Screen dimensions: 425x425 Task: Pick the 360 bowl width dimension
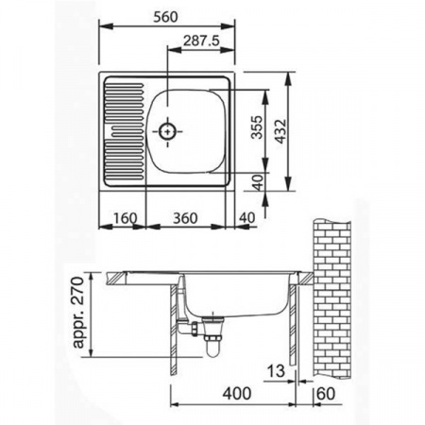(x=185, y=218)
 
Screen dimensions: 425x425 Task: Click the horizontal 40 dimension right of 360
(x=247, y=218)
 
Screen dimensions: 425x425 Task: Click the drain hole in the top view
(x=168, y=132)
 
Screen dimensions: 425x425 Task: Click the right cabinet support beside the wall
(x=297, y=326)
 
